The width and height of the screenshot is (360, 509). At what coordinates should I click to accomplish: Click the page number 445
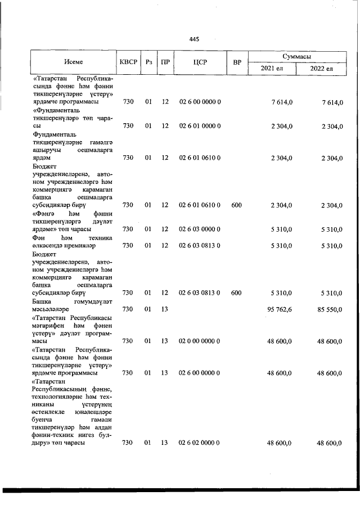pyautogui.click(x=194, y=39)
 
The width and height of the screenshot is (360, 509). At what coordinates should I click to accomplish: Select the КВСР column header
pyautogui.click(x=128, y=62)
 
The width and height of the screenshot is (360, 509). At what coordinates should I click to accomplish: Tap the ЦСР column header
pyautogui.click(x=195, y=62)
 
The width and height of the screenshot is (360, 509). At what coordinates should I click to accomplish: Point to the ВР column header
pyautogui.click(x=237, y=62)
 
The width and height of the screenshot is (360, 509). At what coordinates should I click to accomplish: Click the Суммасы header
pyautogui.click(x=297, y=57)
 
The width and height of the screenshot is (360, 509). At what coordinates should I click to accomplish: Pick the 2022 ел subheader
pyautogui.click(x=321, y=69)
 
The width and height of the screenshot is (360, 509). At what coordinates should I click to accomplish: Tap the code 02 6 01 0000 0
pyautogui.click(x=195, y=126)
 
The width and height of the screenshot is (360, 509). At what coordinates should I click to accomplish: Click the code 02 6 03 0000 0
pyautogui.click(x=195, y=229)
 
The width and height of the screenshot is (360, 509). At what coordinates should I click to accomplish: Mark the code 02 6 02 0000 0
pyautogui.click(x=195, y=444)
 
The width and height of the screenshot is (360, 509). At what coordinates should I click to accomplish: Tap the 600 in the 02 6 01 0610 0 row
pyautogui.click(x=236, y=206)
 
